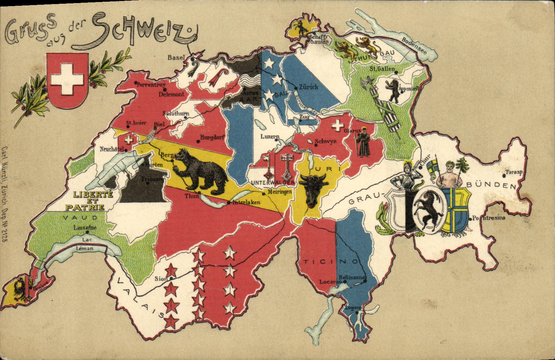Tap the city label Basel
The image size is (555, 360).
click(x=177, y=58)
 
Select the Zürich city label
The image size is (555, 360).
click(x=309, y=87)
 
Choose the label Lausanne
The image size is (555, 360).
click(x=85, y=228)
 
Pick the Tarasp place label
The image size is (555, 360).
click(x=514, y=172)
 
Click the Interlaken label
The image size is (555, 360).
click(x=246, y=203)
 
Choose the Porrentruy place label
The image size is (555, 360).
click(x=150, y=85)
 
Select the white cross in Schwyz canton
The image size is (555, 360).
click(x=337, y=126)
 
